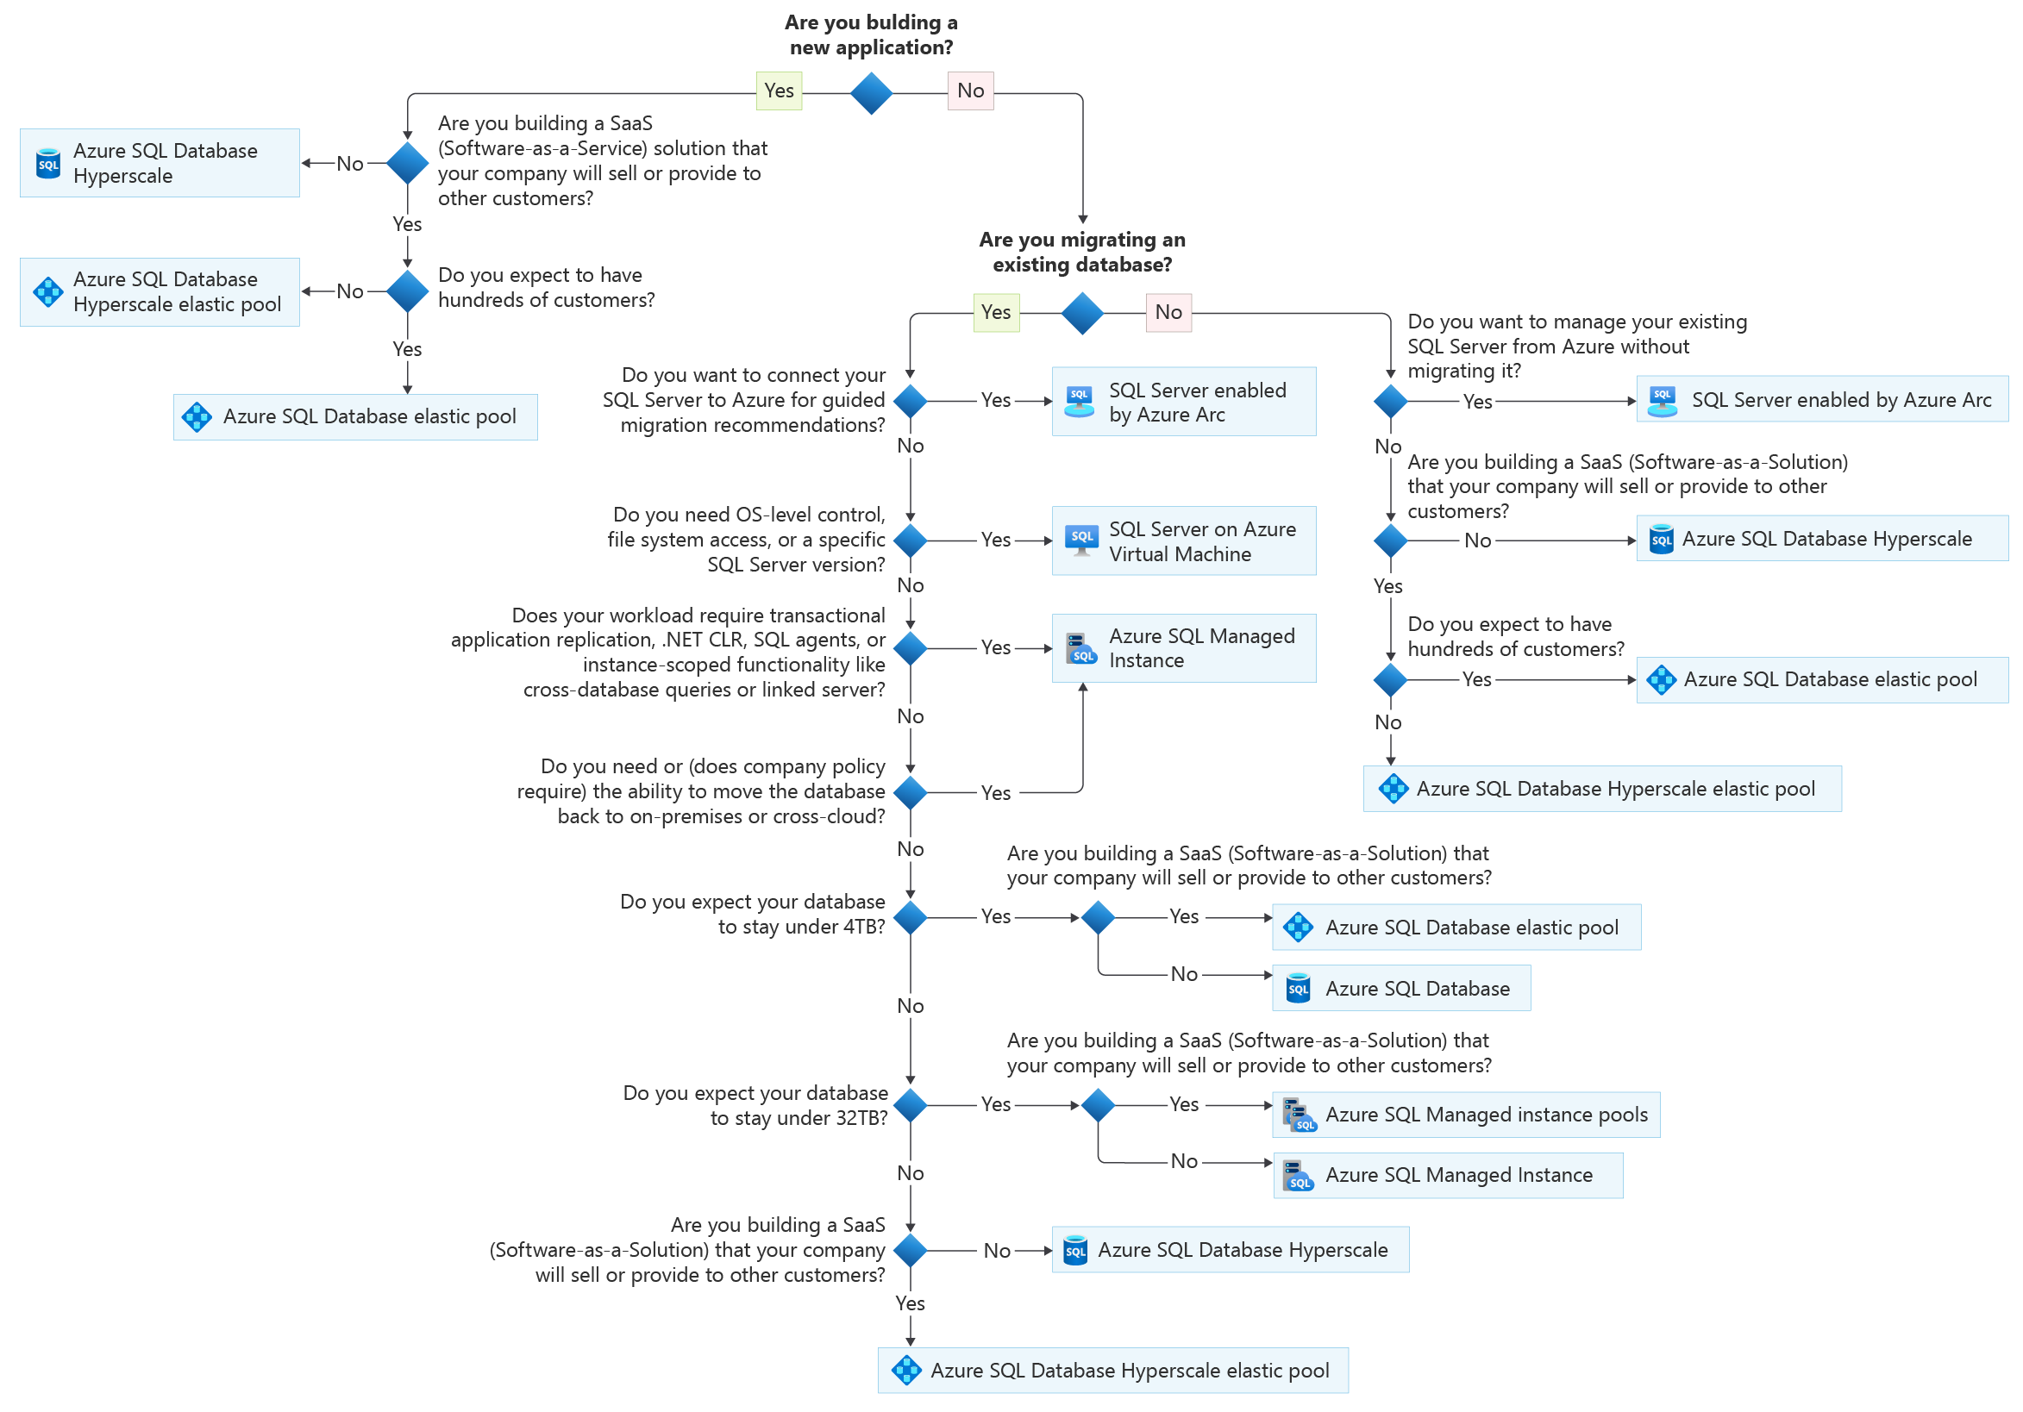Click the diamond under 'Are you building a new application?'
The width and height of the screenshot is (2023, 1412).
pos(871,93)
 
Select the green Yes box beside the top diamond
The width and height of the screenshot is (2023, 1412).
pos(779,91)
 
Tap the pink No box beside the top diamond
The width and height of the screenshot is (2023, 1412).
pos(970,91)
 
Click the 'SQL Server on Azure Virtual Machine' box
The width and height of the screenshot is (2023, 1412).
pos(1183,540)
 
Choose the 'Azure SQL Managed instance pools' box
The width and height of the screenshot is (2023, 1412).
pos(1465,1115)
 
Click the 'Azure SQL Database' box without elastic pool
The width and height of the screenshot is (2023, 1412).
pos(1401,988)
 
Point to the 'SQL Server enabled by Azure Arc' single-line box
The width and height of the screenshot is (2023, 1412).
pos(1821,400)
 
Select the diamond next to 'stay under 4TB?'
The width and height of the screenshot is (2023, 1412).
pos(910,917)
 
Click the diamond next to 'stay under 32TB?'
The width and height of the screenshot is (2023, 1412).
pos(910,1104)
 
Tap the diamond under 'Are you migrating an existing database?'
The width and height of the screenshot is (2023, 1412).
pos(1082,313)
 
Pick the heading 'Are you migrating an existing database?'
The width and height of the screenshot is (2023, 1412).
pos(1082,252)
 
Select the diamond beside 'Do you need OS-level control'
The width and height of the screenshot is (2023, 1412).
pos(910,540)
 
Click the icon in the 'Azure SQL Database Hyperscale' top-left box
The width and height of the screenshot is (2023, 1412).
pos(48,164)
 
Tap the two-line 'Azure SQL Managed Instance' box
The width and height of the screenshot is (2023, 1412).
pos(1183,648)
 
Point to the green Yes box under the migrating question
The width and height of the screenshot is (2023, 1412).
pos(996,312)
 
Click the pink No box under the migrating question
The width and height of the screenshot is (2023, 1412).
pos(1168,312)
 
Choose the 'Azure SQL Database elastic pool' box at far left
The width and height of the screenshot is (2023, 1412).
pos(355,416)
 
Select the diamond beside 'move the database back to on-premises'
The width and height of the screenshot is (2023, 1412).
pos(910,792)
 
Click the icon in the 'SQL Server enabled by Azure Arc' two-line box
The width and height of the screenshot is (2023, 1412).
pos(1080,402)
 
